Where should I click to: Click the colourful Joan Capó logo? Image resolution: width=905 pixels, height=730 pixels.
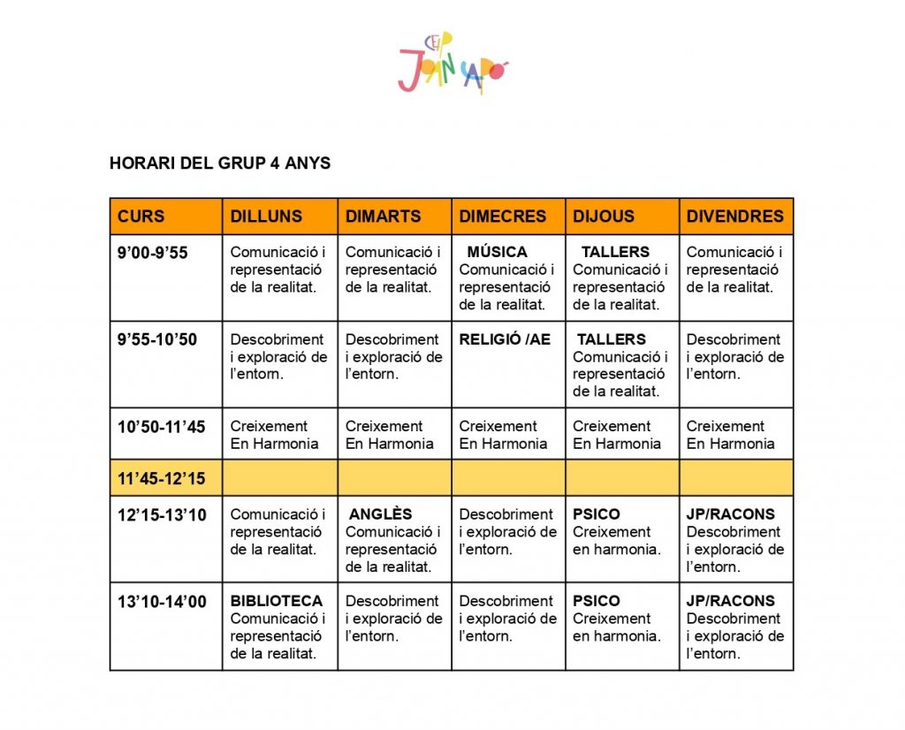tap(453, 63)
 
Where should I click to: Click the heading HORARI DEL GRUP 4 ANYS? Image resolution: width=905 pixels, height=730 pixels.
tap(220, 163)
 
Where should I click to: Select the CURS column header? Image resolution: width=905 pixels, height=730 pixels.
tap(141, 217)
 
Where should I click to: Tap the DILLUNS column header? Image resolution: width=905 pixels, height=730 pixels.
tap(266, 217)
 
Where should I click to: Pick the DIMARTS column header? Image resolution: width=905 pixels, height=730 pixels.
tap(383, 217)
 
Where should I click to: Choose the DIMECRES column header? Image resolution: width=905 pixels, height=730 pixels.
tap(503, 217)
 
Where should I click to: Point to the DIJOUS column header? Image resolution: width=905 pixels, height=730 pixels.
tap(604, 217)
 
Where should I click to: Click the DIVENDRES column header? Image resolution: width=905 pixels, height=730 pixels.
tap(735, 217)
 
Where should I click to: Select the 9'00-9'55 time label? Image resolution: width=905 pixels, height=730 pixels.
tap(153, 253)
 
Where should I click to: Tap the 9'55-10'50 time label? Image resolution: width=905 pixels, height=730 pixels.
tap(157, 339)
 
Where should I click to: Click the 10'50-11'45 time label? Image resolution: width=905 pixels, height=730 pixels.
tap(161, 427)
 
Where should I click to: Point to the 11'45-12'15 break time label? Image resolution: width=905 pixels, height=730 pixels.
tap(161, 479)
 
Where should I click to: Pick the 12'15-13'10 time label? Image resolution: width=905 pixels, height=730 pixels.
tap(161, 514)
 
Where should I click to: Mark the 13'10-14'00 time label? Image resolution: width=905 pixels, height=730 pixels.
tap(161, 602)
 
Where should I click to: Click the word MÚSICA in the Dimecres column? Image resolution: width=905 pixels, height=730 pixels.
tap(497, 252)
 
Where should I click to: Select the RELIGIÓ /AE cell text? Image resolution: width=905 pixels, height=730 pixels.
tap(505, 339)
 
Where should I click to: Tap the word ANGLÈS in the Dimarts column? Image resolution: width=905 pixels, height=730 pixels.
tap(381, 514)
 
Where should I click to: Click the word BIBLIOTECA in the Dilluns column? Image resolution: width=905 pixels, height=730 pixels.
tap(277, 601)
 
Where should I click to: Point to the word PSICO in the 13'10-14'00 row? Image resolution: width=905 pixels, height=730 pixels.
tap(597, 601)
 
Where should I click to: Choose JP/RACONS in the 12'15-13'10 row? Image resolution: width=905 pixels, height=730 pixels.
tap(731, 514)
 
